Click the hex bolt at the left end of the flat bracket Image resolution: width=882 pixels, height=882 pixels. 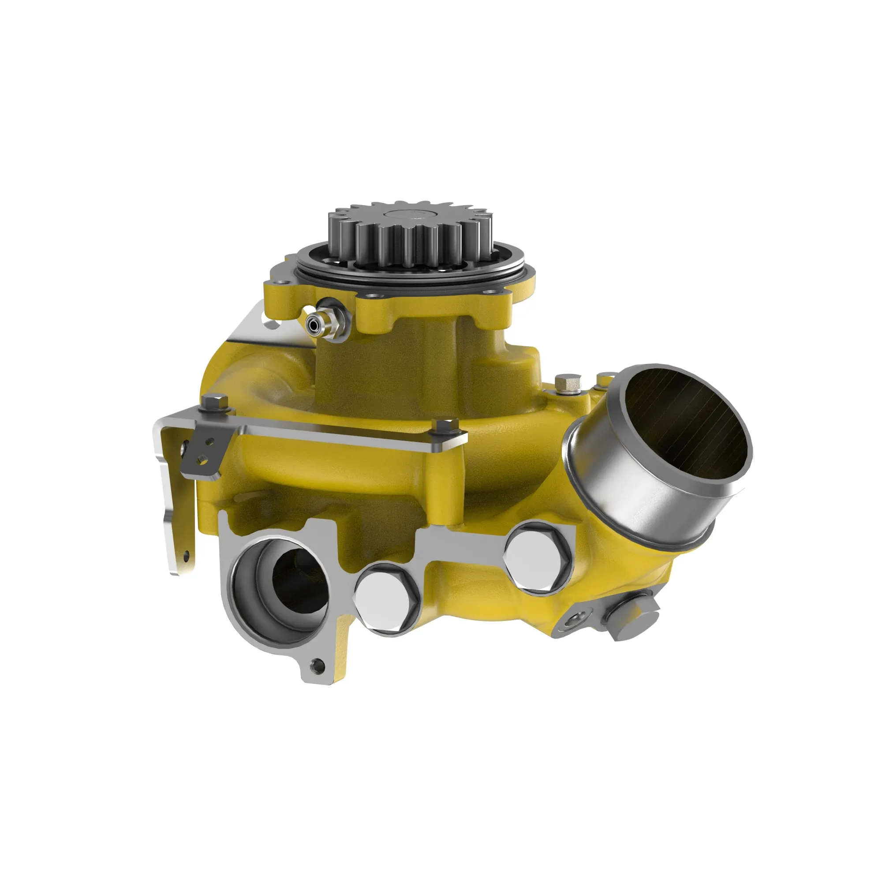(214, 404)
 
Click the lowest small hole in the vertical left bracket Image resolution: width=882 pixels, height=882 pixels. (186, 556)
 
